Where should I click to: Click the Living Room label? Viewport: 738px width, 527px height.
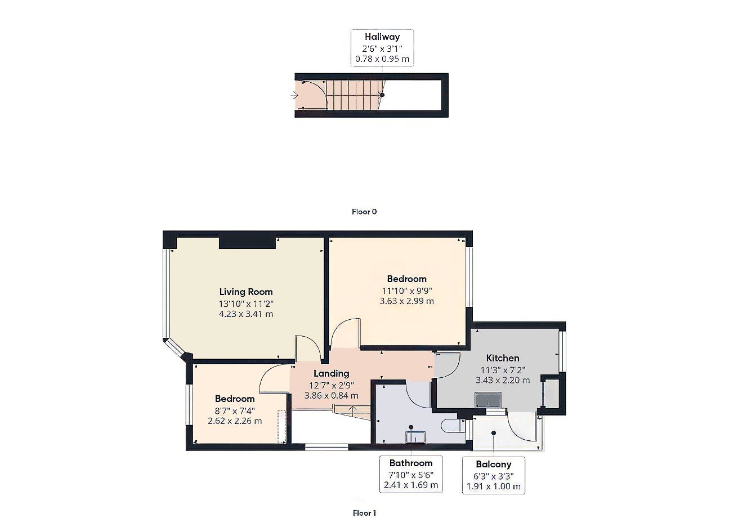point(245,292)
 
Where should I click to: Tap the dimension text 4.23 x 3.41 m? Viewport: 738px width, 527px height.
point(245,314)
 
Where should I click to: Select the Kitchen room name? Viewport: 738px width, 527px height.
point(503,358)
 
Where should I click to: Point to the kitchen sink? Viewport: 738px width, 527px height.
point(487,400)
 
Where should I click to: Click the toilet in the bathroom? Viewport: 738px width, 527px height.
point(452,425)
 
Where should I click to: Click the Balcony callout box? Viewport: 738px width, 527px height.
point(494,475)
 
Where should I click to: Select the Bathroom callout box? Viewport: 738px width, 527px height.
point(411,474)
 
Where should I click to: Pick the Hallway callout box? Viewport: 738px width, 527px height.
point(382,48)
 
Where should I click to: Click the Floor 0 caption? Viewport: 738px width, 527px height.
point(364,212)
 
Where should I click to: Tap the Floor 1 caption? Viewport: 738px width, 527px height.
point(364,513)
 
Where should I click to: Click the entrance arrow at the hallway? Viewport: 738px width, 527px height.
point(293,96)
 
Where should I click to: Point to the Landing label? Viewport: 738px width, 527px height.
point(331,373)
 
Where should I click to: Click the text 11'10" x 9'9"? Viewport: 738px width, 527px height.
point(407,291)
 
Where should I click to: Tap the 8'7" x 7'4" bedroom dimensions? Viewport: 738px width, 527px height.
point(235,410)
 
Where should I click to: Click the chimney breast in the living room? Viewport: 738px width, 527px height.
point(247,242)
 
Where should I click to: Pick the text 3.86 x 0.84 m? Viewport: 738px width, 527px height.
point(331,396)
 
